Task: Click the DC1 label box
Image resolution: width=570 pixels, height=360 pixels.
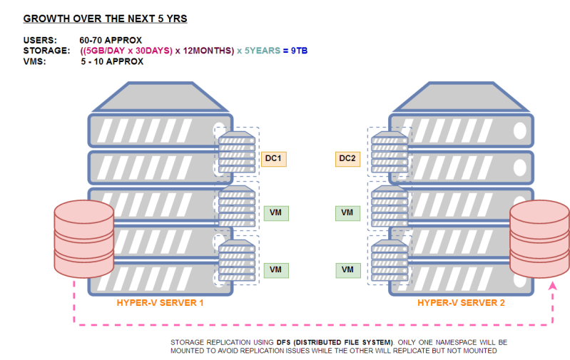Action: pyautogui.click(x=273, y=158)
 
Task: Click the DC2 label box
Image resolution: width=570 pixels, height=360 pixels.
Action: pyautogui.click(x=347, y=158)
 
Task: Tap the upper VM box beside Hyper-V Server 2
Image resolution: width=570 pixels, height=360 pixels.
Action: pyautogui.click(x=347, y=212)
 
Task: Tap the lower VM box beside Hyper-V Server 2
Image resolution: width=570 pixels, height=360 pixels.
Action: pyautogui.click(x=347, y=269)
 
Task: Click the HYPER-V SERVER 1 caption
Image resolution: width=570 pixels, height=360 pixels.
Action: pyautogui.click(x=161, y=303)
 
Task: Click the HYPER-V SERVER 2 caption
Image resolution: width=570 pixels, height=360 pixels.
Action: pyautogui.click(x=461, y=303)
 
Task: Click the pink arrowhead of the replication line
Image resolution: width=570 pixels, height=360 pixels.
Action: pyautogui.click(x=552, y=287)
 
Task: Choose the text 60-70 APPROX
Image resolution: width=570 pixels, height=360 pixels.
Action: pyautogui.click(x=111, y=40)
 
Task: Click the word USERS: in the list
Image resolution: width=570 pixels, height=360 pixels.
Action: pyautogui.click(x=40, y=40)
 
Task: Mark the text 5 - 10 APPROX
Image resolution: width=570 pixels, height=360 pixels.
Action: pyautogui.click(x=112, y=61)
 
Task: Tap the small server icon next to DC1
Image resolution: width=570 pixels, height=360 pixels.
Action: pyautogui.click(x=236, y=150)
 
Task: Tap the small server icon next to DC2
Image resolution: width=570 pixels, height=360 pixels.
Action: pyautogui.click(x=390, y=150)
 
